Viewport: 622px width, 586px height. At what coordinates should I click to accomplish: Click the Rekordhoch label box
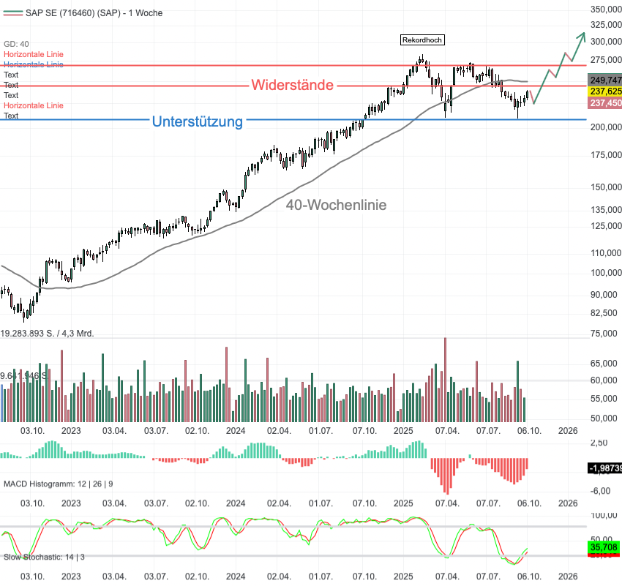pyautogui.click(x=422, y=40)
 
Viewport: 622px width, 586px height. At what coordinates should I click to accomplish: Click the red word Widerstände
pyautogui.click(x=293, y=85)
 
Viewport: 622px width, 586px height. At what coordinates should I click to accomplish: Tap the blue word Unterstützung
pyautogui.click(x=197, y=121)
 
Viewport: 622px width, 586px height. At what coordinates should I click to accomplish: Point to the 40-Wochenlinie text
pyautogui.click(x=336, y=206)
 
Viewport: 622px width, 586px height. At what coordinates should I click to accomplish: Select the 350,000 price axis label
pyautogui.click(x=604, y=10)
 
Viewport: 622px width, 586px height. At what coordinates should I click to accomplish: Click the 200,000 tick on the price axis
pyautogui.click(x=604, y=127)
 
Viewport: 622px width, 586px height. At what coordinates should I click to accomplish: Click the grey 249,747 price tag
pyautogui.click(x=605, y=80)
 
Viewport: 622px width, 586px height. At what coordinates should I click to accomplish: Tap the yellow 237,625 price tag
pyautogui.click(x=605, y=91)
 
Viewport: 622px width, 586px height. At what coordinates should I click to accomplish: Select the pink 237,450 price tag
pyautogui.click(x=605, y=103)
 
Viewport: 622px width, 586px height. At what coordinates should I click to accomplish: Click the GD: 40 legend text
pyautogui.click(x=16, y=44)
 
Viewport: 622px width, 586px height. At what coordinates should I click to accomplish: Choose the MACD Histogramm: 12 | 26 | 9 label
pyautogui.click(x=59, y=484)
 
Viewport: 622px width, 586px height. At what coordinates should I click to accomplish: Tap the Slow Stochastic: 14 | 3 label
pyautogui.click(x=44, y=557)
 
